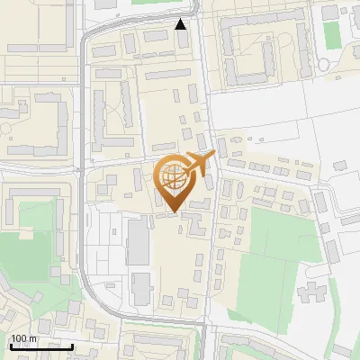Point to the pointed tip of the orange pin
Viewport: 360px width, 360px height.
coord(172,211)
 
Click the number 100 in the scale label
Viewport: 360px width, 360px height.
coord(19,339)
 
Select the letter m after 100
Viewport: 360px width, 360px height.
coord(32,339)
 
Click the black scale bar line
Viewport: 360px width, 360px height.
coord(40,346)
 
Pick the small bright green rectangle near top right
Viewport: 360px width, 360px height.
coord(332,34)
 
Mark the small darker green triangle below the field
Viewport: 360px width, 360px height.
coord(238,316)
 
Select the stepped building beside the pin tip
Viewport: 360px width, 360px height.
coord(194,225)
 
